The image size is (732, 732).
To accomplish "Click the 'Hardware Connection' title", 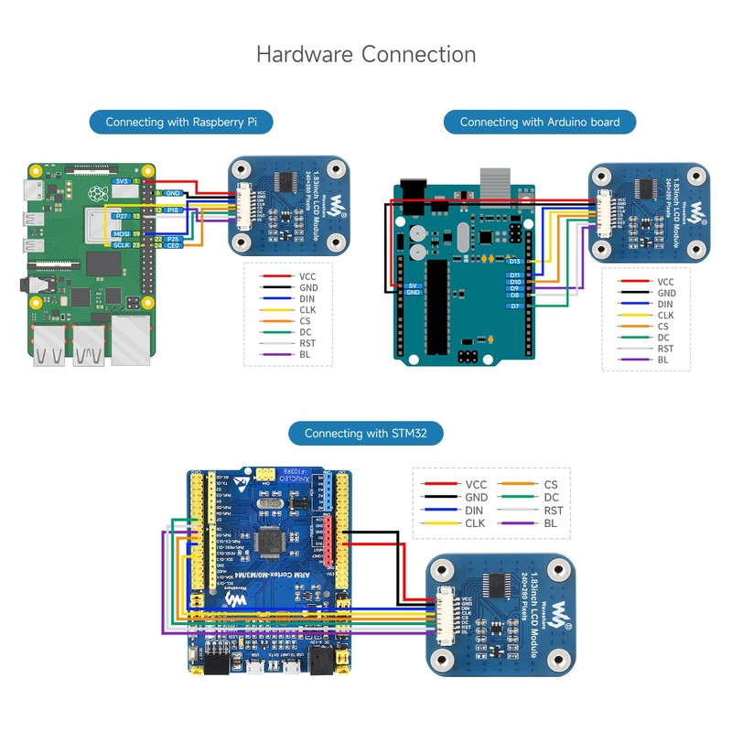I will [x=366, y=54].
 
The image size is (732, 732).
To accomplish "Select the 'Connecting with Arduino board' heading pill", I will [x=540, y=122].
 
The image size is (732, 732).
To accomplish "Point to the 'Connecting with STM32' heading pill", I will [x=365, y=433].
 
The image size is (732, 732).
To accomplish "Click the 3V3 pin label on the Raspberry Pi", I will [x=123, y=182].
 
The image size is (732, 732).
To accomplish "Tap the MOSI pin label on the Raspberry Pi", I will [x=122, y=235].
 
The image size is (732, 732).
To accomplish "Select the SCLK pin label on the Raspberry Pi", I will [x=122, y=245].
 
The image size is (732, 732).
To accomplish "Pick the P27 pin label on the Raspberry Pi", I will [x=121, y=216].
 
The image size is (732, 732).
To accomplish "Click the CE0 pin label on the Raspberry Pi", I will [x=173, y=245].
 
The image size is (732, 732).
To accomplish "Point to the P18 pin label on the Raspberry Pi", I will [x=174, y=210].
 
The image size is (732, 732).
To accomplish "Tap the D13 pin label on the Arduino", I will [x=514, y=262].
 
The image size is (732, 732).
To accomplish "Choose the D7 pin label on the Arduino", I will [x=514, y=306].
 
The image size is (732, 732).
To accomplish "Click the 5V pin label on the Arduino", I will [x=413, y=285].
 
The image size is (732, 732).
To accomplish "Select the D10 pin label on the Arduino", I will [x=514, y=281].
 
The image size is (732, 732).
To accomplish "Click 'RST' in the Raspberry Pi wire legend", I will [x=307, y=342].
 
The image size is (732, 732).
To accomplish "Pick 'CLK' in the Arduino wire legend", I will [x=665, y=316].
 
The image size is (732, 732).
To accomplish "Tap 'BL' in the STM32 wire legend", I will [x=551, y=523].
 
